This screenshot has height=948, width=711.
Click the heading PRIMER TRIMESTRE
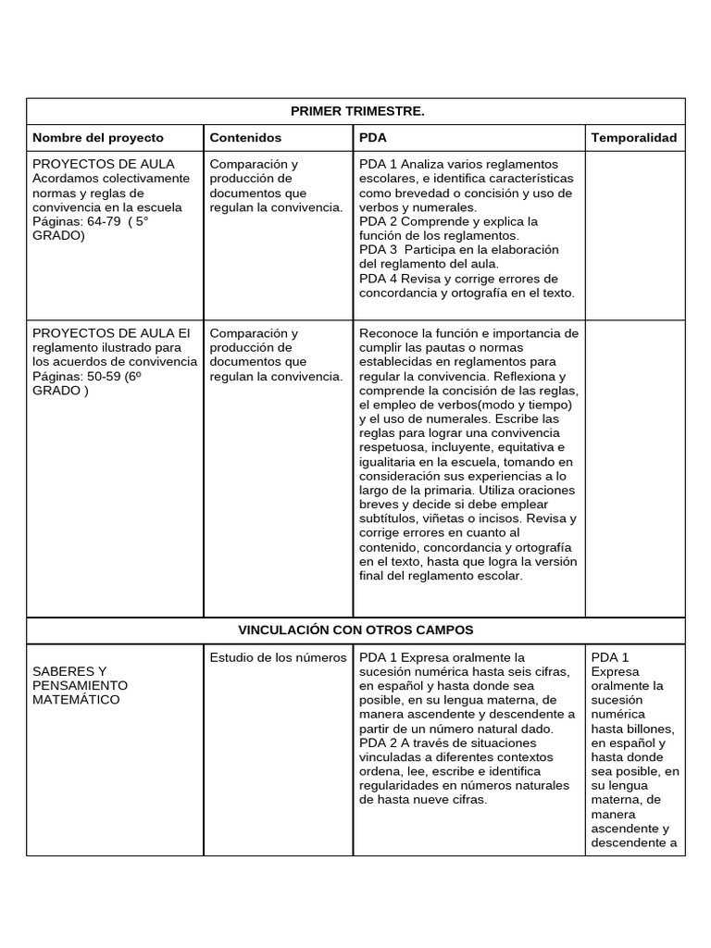[x=356, y=111]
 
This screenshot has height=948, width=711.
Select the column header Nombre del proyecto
[x=98, y=138]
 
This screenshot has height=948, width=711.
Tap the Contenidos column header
[x=245, y=138]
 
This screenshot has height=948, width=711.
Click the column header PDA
[x=372, y=138]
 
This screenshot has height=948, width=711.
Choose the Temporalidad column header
[x=634, y=138]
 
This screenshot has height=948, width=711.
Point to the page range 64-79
[x=101, y=221]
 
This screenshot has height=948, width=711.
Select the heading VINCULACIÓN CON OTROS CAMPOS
[x=356, y=630]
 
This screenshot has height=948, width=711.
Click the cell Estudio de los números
[x=278, y=658]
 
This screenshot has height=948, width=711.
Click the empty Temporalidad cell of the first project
[x=634, y=231]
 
